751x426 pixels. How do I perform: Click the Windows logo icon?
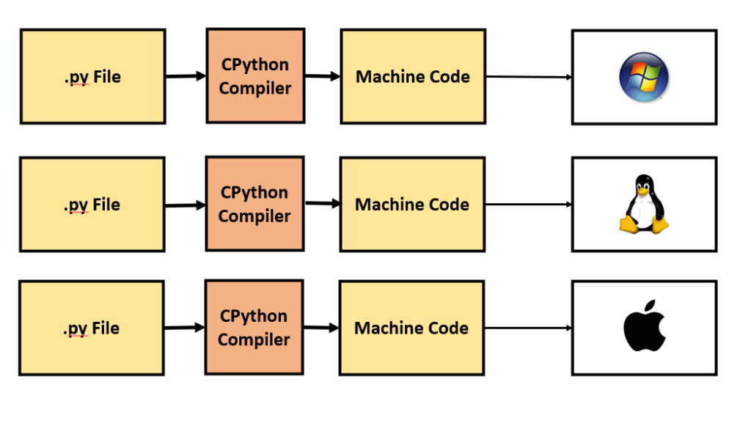pyautogui.click(x=644, y=76)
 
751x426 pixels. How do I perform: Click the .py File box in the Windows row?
pyautogui.click(x=92, y=76)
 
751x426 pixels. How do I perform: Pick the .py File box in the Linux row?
pyautogui.click(x=92, y=205)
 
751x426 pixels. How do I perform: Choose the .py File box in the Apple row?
pyautogui.click(x=92, y=328)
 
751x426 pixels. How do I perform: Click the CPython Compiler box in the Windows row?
pyautogui.click(x=255, y=76)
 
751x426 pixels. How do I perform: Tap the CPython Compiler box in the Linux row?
pyautogui.click(x=254, y=204)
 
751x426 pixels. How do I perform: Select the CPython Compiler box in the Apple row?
pyautogui.click(x=254, y=328)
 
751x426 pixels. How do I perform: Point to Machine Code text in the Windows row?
pyautogui.click(x=413, y=76)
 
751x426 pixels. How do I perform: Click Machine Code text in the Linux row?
pyautogui.click(x=412, y=205)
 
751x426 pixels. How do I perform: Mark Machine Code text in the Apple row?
pyautogui.click(x=411, y=328)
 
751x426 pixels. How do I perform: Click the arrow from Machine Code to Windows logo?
pyautogui.click(x=528, y=76)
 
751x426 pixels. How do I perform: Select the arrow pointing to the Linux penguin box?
pyautogui.click(x=528, y=205)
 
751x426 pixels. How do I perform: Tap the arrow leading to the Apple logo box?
pyautogui.click(x=528, y=328)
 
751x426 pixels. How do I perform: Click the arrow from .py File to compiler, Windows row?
pyautogui.click(x=186, y=76)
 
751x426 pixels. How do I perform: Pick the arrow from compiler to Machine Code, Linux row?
pyautogui.click(x=322, y=204)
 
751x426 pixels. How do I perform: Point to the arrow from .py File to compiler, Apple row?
pyautogui.click(x=185, y=328)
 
